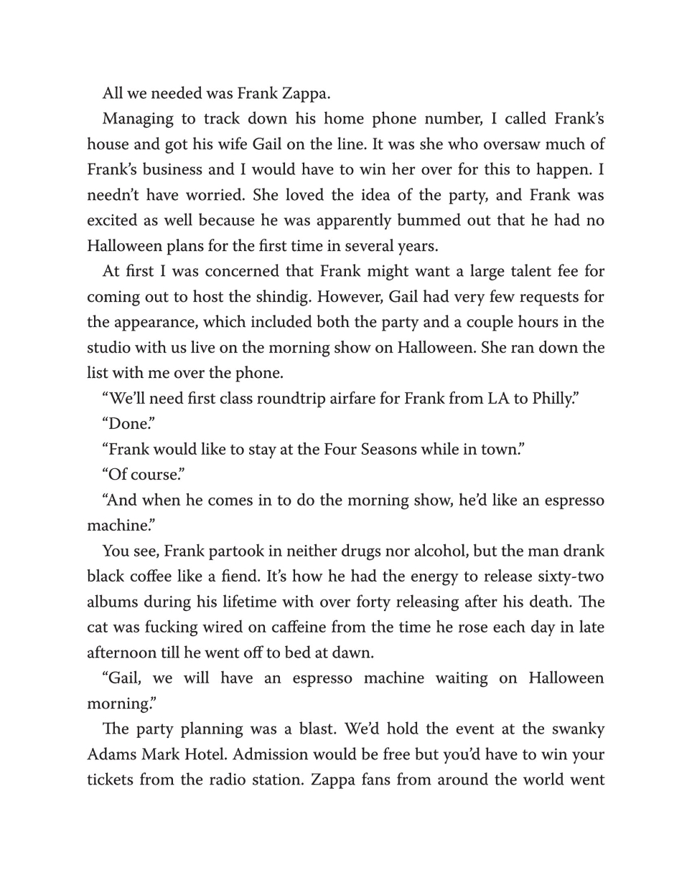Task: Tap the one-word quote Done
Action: tap(127, 424)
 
